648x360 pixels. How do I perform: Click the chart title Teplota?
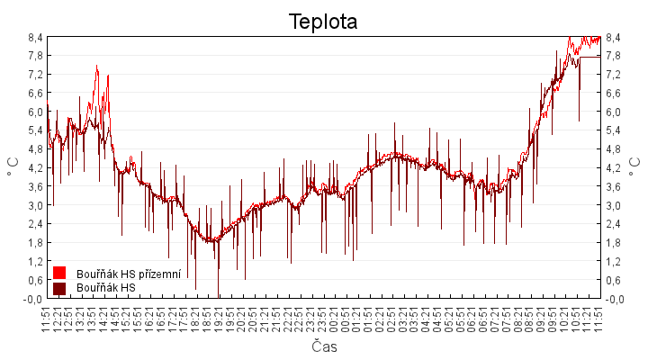pos(323,22)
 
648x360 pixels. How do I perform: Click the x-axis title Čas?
pos(324,346)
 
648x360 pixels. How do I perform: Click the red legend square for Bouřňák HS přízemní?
pos(59,273)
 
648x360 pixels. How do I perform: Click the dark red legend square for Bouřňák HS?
pos(59,288)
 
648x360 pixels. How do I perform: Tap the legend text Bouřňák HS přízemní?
pos(129,274)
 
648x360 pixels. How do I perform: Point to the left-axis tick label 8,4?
pos(35,37)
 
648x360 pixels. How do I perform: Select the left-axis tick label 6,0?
pos(35,112)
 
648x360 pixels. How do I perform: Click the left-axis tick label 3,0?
pos(35,205)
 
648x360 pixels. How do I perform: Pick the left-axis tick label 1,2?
pos(35,261)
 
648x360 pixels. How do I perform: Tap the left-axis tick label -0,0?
pos(34,299)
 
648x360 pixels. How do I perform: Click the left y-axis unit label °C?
pos(13,167)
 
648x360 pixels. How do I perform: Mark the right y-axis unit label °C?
pos(635,167)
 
